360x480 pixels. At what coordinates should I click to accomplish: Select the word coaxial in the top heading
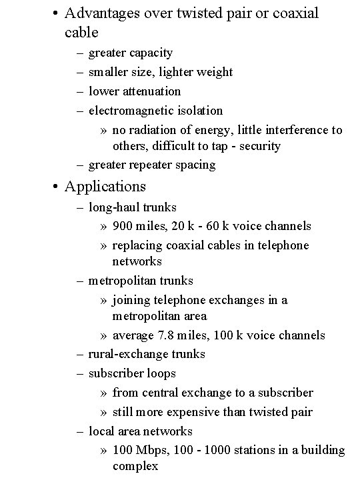[289, 13]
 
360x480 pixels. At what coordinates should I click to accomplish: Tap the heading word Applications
[105, 186]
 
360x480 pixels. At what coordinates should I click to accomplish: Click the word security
[258, 145]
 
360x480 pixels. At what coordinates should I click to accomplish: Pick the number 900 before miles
[123, 226]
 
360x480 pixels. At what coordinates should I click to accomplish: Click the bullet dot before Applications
[55, 187]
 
